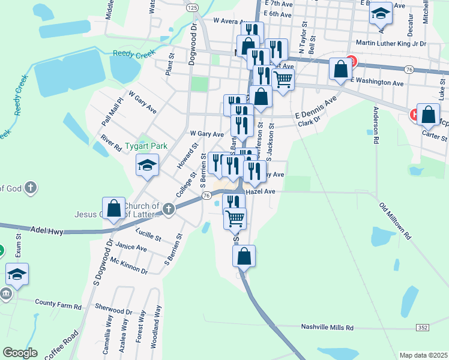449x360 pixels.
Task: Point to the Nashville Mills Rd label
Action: pos(327,328)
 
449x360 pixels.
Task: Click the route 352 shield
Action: pos(423,327)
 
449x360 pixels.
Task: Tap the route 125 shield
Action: pos(191,7)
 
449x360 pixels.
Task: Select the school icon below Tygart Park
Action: pos(147,164)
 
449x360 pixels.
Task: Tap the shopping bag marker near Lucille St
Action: pos(114,208)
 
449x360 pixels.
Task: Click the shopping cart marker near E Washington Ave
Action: pos(283,78)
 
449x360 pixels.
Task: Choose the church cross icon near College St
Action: pos(169,209)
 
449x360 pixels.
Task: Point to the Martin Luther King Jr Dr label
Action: pos(391,43)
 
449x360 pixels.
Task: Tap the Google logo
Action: pos(20,353)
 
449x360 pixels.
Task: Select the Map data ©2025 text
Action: pos(423,355)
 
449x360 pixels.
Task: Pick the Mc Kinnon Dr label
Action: pos(128,265)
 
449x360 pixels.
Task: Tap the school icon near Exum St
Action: pos(17,274)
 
